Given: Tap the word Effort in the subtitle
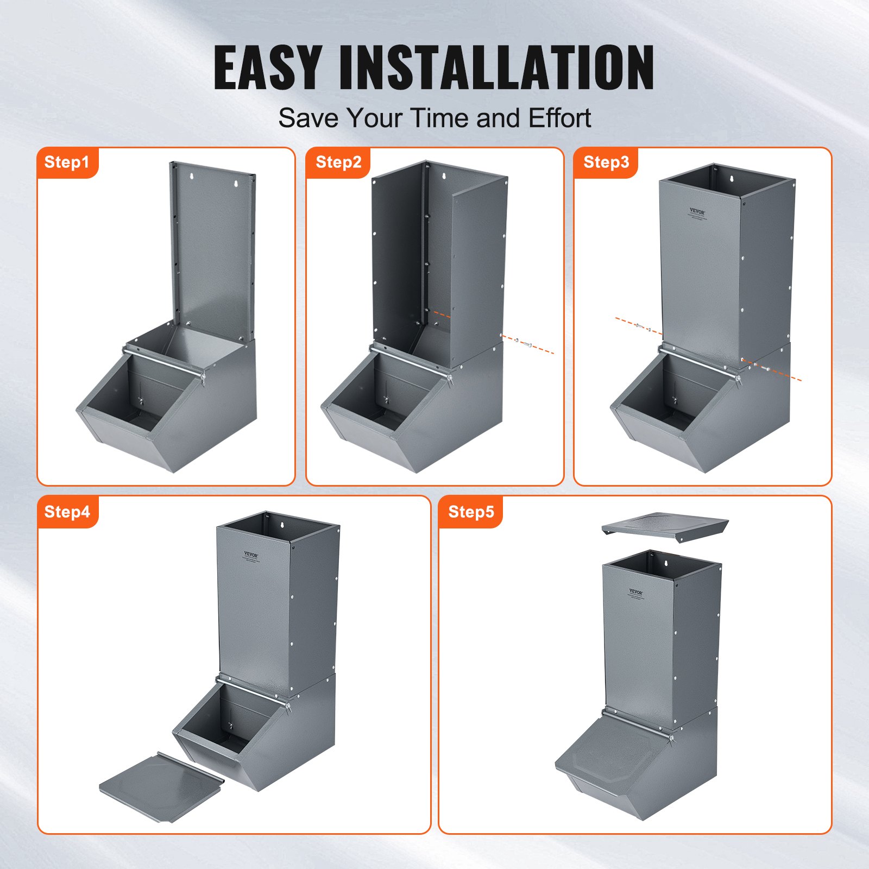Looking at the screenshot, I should pos(559,118).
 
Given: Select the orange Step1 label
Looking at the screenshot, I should pos(67,162).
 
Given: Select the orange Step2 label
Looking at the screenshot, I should pos(338,162).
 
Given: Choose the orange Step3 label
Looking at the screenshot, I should pos(606,162).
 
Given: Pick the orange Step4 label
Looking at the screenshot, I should pos(67,512).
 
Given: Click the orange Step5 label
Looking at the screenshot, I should pos(471,512).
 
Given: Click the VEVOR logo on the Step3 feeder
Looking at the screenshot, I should pos(697,212).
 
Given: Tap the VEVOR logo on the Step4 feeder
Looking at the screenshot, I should pos(251,555).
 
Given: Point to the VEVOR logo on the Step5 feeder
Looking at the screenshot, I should pos(636,592).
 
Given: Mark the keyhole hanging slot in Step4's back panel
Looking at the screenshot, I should pos(282,525).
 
